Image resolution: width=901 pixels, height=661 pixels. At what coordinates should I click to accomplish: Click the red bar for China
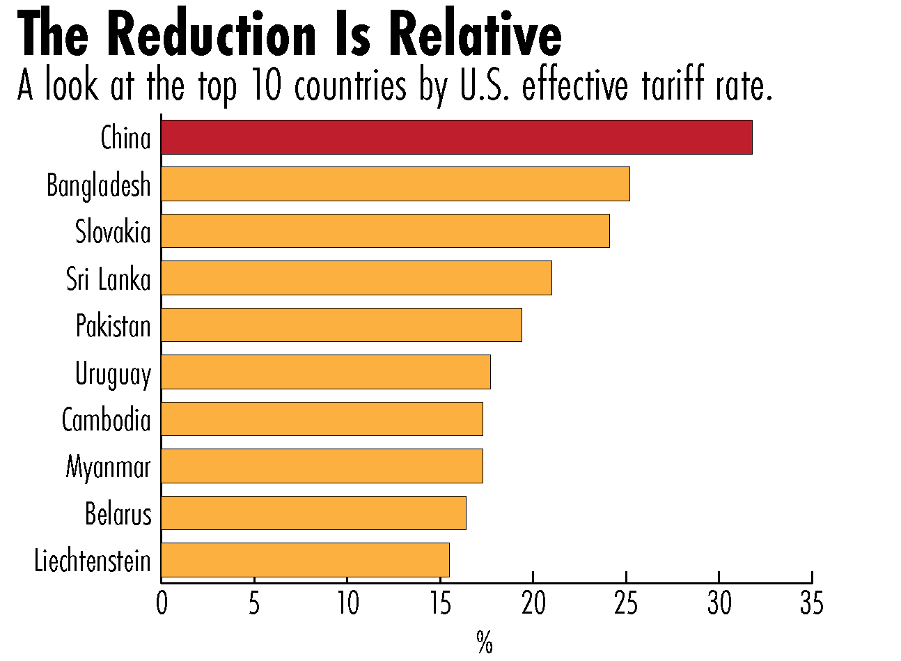(x=456, y=137)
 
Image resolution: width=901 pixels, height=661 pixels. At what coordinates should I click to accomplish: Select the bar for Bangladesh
(x=395, y=184)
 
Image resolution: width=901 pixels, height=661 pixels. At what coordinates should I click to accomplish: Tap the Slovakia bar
(x=385, y=231)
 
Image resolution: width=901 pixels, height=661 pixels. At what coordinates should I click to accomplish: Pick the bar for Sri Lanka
(x=356, y=278)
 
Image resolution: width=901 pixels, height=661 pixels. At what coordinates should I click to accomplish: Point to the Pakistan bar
(x=341, y=325)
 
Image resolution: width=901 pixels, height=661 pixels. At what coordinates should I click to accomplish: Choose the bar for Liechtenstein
(x=305, y=559)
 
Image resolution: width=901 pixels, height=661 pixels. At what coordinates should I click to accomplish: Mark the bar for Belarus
(x=313, y=513)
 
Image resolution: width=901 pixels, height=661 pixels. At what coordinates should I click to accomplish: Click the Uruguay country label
(x=113, y=374)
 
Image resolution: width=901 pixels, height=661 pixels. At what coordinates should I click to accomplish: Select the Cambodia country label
(x=106, y=420)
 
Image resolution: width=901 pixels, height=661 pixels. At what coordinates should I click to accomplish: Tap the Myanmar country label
(x=108, y=467)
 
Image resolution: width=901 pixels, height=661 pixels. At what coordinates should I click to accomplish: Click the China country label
(x=125, y=138)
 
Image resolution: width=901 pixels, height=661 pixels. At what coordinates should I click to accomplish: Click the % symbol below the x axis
(x=485, y=642)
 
